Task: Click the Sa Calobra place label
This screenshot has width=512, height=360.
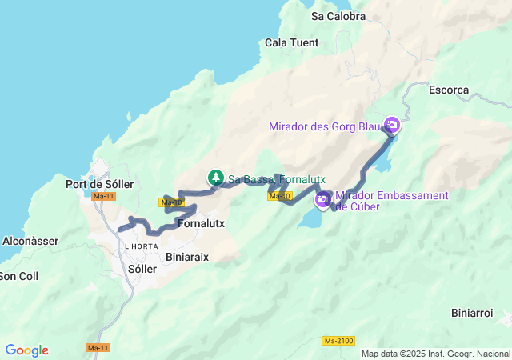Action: (338, 16)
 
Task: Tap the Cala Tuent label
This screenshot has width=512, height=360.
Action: (291, 42)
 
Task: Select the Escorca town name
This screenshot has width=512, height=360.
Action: (449, 90)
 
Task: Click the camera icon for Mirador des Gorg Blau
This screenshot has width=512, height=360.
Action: (392, 125)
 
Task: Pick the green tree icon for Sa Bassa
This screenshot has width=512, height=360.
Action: (216, 178)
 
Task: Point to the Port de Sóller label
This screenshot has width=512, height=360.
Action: (99, 184)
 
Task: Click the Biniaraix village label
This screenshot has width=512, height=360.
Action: (187, 258)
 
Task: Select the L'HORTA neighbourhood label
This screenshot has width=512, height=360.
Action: (141, 246)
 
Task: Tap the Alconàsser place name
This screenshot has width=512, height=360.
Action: (28, 239)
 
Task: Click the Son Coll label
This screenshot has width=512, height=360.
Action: (18, 276)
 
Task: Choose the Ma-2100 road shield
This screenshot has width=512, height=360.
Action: (338, 342)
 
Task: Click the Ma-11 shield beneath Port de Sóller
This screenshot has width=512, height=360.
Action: (103, 196)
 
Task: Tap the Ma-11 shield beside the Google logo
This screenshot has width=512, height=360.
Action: (98, 348)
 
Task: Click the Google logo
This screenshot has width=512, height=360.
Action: (26, 350)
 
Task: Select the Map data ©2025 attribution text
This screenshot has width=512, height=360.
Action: (435, 354)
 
